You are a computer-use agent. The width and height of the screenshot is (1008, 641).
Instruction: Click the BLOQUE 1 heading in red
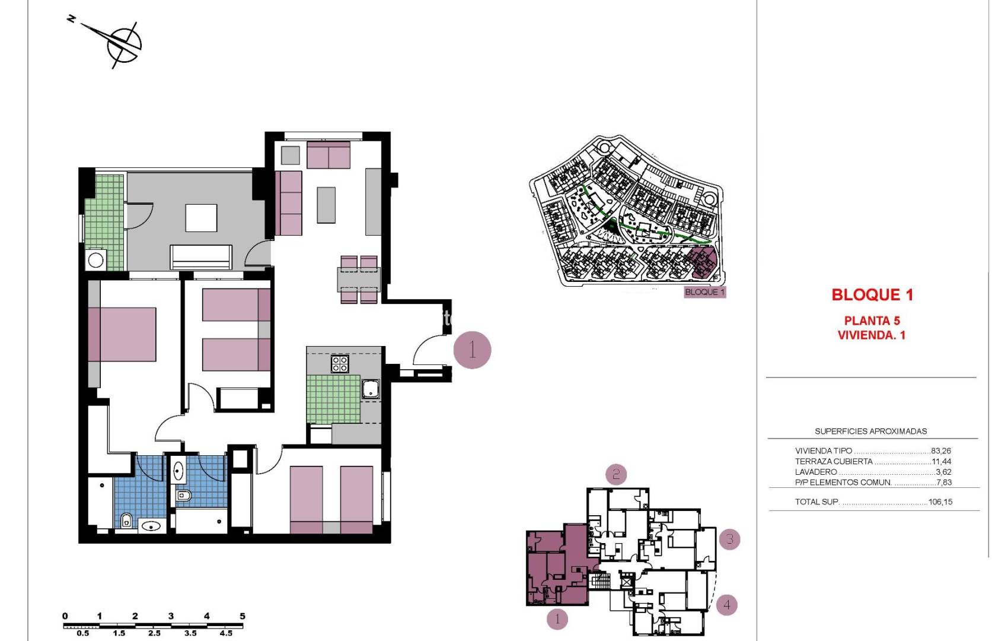point(872,294)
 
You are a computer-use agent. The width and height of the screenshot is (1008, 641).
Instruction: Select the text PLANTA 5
point(872,320)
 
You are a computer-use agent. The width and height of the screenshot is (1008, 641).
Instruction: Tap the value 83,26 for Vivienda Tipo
point(940,450)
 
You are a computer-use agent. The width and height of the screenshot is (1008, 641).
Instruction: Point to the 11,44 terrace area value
point(941,461)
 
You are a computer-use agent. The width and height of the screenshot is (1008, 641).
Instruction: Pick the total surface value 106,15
point(940,502)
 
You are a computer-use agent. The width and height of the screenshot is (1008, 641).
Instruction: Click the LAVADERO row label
point(816,472)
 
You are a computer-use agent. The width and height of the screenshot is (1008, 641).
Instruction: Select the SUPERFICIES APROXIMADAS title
point(870,431)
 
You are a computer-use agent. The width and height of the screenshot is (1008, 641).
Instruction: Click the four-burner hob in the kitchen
point(340,363)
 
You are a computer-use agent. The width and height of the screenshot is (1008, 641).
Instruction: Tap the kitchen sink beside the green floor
point(371,389)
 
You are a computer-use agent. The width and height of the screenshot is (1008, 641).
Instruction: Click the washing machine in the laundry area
point(96,259)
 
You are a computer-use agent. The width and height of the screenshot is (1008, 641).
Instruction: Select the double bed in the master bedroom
point(123,334)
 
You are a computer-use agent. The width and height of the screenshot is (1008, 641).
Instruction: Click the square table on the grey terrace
point(201,218)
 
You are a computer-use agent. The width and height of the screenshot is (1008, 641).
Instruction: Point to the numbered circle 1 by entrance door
point(472,350)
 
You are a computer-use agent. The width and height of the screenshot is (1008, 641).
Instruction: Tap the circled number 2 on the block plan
point(616,474)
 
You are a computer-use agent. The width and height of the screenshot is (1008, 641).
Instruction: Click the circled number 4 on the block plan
point(727,605)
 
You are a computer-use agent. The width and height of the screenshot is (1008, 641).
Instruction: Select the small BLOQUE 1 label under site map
point(704,292)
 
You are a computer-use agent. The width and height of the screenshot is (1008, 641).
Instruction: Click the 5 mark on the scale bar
point(242,617)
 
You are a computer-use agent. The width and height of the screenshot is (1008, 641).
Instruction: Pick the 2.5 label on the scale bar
point(154,633)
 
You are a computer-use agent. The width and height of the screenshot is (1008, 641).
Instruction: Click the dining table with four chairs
point(359,279)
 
